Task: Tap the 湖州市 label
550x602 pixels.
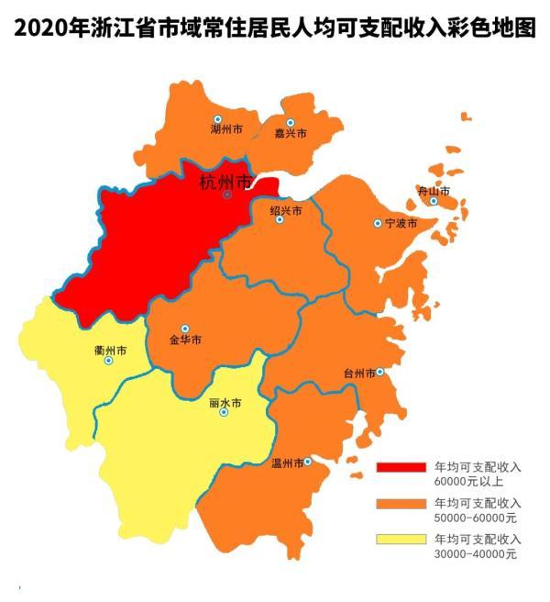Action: (225, 131)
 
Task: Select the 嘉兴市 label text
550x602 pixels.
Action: (290, 134)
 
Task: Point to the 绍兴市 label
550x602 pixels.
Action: (285, 209)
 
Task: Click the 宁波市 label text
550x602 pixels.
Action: (401, 224)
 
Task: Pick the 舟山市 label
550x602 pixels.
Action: (434, 191)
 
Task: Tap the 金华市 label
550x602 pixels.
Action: (185, 340)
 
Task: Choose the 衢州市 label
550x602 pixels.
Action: (110, 351)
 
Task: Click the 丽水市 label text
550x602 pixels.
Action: (225, 402)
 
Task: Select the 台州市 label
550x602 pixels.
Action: (358, 373)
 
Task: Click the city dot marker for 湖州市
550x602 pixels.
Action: (218, 119)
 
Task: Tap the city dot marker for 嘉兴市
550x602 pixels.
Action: (291, 123)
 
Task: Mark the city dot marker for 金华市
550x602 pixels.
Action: (185, 329)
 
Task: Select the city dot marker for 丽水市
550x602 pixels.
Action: (225, 413)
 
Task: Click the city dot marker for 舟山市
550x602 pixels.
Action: (434, 201)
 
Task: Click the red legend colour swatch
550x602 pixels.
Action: (401, 468)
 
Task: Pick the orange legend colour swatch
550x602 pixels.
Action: (401, 505)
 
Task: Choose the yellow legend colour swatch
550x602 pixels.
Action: (401, 540)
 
